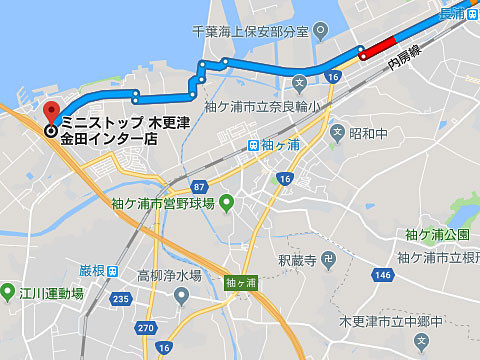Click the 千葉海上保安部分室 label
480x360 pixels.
click(254, 30)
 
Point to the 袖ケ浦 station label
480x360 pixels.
click(281, 144)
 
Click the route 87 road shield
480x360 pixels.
click(199, 186)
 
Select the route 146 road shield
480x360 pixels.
click(382, 272)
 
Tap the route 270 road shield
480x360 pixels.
click(145, 327)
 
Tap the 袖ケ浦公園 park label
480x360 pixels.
click(437, 234)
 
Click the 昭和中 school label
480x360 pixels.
click(367, 132)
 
